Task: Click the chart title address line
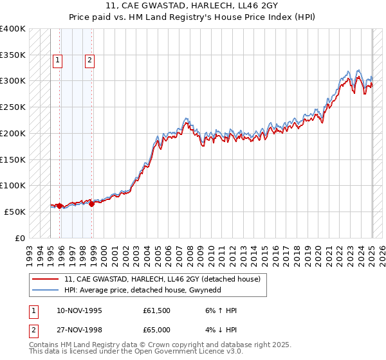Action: [193, 7]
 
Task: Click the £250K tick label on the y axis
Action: [13, 107]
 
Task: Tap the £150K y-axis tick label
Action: [13, 159]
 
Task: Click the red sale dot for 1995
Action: [60, 206]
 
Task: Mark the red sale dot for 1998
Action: [92, 204]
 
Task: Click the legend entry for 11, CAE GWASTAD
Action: [161, 279]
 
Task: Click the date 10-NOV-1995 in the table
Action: [79, 310]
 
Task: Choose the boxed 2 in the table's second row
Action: [32, 330]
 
